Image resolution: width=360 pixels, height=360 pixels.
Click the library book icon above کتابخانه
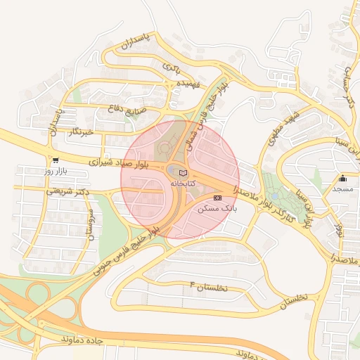click(183, 173)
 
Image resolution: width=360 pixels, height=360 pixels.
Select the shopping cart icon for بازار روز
click(56, 160)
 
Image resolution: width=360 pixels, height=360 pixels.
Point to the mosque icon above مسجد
click(343, 179)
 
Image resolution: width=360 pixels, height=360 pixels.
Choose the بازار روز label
click(55, 171)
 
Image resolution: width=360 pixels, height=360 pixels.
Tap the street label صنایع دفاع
click(127, 108)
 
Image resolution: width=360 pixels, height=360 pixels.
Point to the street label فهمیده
click(189, 84)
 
